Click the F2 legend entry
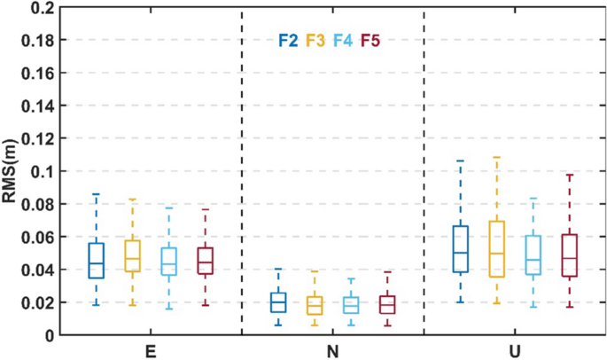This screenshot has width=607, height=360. [x=288, y=40]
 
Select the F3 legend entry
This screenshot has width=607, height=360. [x=315, y=40]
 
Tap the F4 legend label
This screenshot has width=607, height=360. [x=343, y=40]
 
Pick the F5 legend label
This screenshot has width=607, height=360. [x=370, y=40]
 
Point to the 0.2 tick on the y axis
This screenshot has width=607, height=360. [x=41, y=8]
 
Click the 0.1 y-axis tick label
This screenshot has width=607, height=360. [x=41, y=171]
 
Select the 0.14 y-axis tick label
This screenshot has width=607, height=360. [x=37, y=106]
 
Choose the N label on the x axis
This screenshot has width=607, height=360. [x=332, y=351]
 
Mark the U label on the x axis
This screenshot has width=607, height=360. [x=515, y=351]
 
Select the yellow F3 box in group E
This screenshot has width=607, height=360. [x=132, y=255]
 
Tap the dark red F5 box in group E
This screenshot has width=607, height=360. [x=205, y=261]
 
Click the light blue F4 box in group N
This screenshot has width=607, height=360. [x=351, y=305]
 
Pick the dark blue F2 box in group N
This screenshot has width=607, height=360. [x=278, y=302]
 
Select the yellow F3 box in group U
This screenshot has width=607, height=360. [x=496, y=249]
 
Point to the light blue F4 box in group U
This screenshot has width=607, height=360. [x=533, y=255]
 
